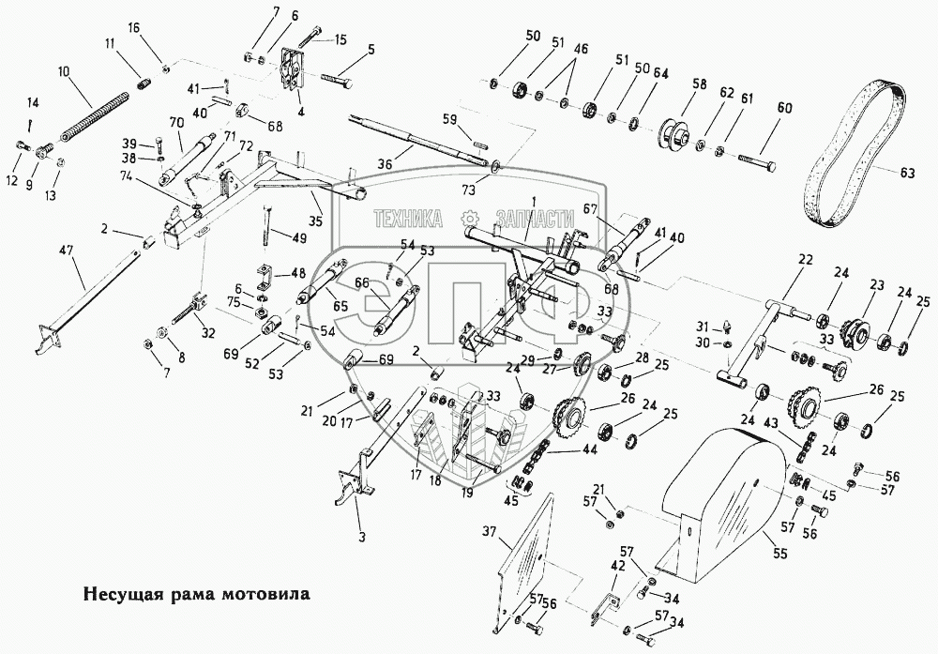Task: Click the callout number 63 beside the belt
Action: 906,173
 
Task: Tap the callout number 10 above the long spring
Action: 64,71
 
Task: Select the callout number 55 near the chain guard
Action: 780,554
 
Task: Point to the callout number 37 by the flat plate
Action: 488,531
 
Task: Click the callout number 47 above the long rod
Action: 66,251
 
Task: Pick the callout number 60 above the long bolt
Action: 784,108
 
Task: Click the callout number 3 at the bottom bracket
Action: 361,536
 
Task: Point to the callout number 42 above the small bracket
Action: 618,566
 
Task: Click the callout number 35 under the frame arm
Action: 315,221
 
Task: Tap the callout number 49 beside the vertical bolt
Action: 298,237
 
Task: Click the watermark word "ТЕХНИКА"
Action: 409,219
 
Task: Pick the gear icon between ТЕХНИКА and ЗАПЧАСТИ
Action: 471,219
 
